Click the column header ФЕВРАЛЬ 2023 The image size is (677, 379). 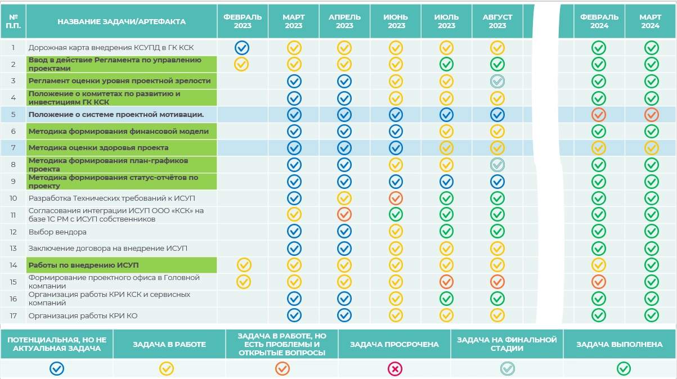(243, 21)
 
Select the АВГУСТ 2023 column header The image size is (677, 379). (497, 21)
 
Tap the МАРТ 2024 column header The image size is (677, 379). (651, 21)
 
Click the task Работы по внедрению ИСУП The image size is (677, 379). (83, 265)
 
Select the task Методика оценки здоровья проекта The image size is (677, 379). (98, 148)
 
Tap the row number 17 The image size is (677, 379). (14, 315)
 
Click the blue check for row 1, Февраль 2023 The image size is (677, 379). (243, 47)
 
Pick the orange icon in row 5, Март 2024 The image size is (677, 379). (651, 115)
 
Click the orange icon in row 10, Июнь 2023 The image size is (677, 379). (396, 198)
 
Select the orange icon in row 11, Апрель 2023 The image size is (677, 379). (344, 214)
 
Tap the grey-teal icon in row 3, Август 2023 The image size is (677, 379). (497, 81)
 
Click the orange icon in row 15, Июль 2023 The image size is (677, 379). (446, 281)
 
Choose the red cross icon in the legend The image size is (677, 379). (395, 369)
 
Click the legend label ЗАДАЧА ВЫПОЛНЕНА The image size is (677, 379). (620, 344)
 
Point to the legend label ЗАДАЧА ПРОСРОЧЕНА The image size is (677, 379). (394, 344)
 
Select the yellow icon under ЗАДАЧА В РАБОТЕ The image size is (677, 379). (167, 369)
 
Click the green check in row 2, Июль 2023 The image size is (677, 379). (446, 64)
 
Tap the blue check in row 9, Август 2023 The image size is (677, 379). (497, 181)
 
